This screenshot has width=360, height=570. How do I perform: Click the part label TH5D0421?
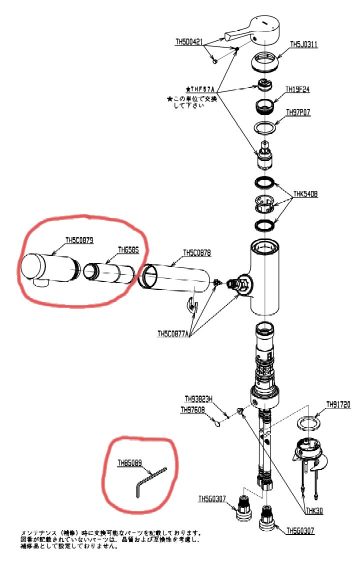(x=189, y=42)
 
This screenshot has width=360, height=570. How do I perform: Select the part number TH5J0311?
(x=304, y=45)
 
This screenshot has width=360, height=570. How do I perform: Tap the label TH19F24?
(x=298, y=90)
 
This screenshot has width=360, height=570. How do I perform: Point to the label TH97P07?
(x=298, y=112)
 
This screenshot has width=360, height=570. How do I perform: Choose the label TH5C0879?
(x=79, y=240)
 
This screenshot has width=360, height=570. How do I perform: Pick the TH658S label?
(x=128, y=249)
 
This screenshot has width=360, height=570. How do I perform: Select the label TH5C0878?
(x=197, y=253)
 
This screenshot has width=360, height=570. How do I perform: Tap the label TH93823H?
(x=199, y=399)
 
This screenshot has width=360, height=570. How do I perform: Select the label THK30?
(x=315, y=510)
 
